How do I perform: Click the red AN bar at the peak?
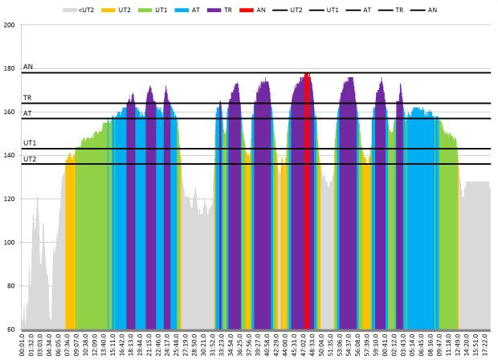307,201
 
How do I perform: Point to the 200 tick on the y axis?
10,25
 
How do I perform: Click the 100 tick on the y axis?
10,243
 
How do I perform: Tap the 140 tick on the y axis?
10,155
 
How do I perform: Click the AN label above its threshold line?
28,67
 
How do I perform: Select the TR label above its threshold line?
27,97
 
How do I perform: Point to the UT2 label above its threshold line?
30,159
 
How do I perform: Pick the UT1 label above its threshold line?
30,143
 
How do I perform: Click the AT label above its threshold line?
27,113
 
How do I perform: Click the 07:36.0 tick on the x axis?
67,344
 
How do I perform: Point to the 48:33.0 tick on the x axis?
312,344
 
